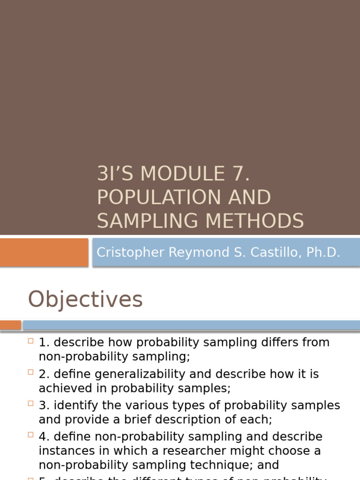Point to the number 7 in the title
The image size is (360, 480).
pyautogui.click(x=241, y=174)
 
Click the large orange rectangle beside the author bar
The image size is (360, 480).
pyautogui.click(x=44, y=252)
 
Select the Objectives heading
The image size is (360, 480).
pyautogui.click(x=85, y=300)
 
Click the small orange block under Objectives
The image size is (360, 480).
pyautogui.click(x=10, y=325)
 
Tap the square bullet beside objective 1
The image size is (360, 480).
pyautogui.click(x=30, y=341)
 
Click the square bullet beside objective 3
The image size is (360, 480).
pyautogui.click(x=30, y=404)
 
